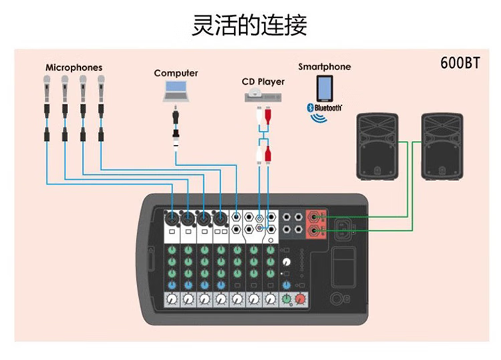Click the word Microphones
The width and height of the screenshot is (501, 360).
click(x=74, y=67)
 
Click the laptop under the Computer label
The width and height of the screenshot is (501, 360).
click(x=175, y=90)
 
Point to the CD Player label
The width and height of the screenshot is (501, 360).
click(x=263, y=81)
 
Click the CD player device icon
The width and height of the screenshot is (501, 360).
click(x=263, y=97)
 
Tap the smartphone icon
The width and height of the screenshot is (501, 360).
click(x=325, y=87)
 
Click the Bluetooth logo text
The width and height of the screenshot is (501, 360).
click(x=325, y=107)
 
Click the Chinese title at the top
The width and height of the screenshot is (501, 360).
click(x=250, y=25)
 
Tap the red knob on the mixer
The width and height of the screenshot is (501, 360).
click(x=301, y=299)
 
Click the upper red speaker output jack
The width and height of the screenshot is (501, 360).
click(x=314, y=216)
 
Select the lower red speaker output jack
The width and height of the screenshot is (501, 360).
click(x=314, y=230)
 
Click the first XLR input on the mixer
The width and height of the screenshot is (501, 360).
click(x=172, y=218)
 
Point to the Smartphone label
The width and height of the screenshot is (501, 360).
click(x=324, y=67)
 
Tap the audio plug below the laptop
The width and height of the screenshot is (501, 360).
click(x=175, y=124)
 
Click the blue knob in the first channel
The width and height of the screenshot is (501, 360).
click(x=172, y=285)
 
